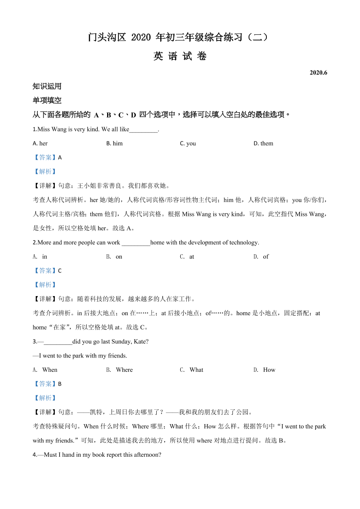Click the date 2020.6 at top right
318,73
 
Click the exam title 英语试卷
180,56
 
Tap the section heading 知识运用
47,86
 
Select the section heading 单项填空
47,100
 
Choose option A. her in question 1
40,143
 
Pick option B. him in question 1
114,143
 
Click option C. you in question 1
188,143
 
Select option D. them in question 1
263,143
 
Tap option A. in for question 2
40,256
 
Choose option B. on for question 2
114,256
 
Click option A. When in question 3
45,370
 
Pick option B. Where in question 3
120,370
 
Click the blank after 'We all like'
144,129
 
